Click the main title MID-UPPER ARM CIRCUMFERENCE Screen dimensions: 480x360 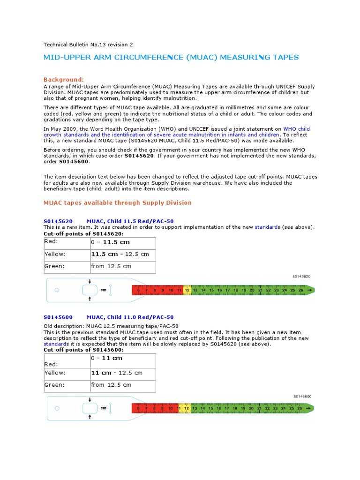(x=171, y=58)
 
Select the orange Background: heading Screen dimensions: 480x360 (x=64, y=80)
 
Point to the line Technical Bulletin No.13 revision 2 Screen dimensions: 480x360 (x=88, y=45)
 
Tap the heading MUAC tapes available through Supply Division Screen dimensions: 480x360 (x=118, y=203)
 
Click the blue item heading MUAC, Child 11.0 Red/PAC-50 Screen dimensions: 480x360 (x=130, y=317)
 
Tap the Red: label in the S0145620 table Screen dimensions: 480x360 (x=51, y=241)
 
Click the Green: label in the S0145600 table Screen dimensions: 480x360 (x=54, y=385)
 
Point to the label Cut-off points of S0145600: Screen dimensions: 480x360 (x=83, y=350)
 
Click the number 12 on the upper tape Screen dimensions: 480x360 (x=187, y=291)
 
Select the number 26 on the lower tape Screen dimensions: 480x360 (x=300, y=409)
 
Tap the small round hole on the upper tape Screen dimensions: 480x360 (x=57, y=290)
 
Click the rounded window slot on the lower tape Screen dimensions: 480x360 (x=90, y=408)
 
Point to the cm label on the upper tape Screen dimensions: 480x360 (x=104, y=290)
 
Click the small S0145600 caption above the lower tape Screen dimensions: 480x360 (x=302, y=397)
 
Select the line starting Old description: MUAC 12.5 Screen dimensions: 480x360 (x=111, y=326)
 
